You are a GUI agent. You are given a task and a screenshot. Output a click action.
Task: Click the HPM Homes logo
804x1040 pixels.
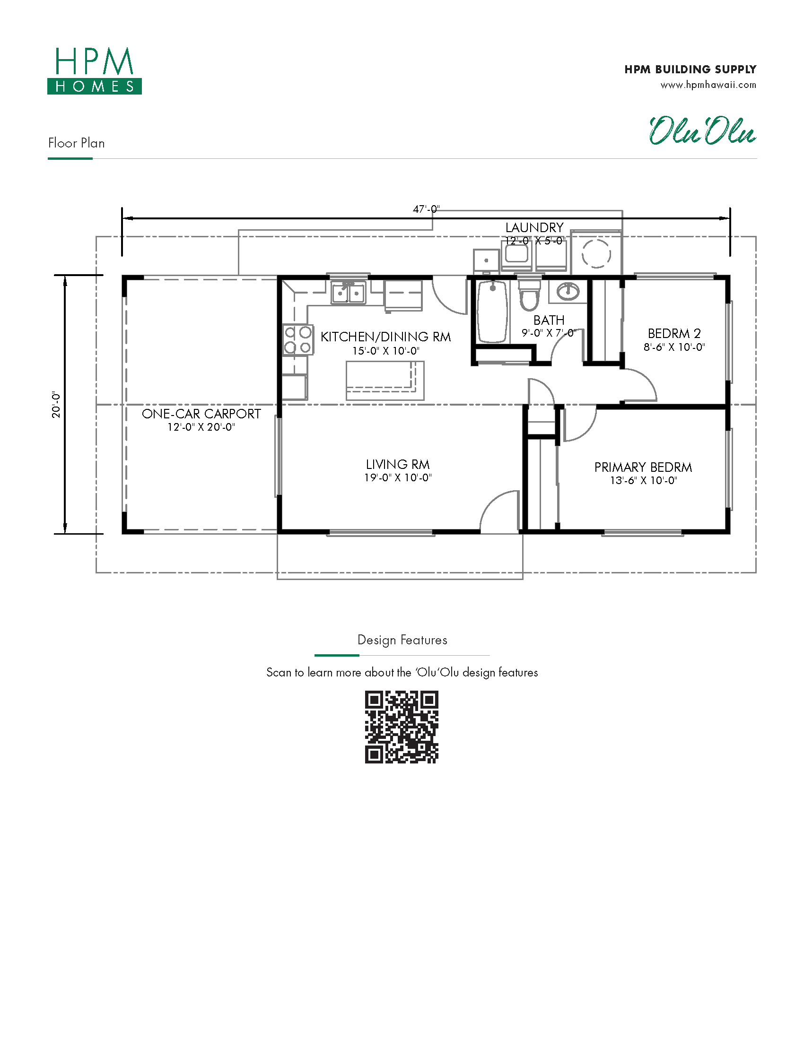click(x=94, y=70)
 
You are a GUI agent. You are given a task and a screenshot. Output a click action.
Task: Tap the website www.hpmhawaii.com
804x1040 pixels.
click(x=708, y=85)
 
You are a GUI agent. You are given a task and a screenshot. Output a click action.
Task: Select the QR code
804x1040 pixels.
click(x=402, y=727)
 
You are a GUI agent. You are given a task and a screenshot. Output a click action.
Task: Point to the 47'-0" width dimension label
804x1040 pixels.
click(x=426, y=209)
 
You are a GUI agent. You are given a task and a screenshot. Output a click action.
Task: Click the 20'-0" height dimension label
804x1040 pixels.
click(x=57, y=405)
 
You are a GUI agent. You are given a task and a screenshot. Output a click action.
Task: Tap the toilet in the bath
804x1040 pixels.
click(x=529, y=295)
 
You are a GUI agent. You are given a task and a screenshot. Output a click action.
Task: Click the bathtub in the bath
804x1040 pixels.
click(x=492, y=312)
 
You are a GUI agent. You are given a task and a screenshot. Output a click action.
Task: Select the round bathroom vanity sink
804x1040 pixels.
click(x=568, y=290)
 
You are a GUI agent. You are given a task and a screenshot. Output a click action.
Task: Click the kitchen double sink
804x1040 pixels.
click(x=349, y=292)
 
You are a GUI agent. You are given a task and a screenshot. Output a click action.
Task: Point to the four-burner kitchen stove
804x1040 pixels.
click(x=297, y=339)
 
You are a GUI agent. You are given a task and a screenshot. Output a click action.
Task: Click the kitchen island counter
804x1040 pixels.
click(x=385, y=381)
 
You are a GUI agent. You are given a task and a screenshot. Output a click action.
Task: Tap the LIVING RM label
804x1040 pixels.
click(x=398, y=464)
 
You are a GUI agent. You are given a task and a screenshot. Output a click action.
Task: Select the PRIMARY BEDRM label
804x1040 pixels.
click(x=643, y=467)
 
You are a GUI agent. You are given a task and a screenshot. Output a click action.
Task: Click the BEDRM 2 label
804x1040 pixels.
click(x=674, y=333)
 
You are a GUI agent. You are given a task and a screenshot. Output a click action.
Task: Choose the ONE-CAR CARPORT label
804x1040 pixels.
click(x=201, y=414)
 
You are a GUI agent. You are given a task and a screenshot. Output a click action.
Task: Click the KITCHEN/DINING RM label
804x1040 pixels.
click(x=386, y=337)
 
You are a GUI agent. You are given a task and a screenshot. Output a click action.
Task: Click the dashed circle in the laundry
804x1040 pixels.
click(x=596, y=253)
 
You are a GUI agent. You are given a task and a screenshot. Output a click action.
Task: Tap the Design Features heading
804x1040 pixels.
click(x=402, y=640)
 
